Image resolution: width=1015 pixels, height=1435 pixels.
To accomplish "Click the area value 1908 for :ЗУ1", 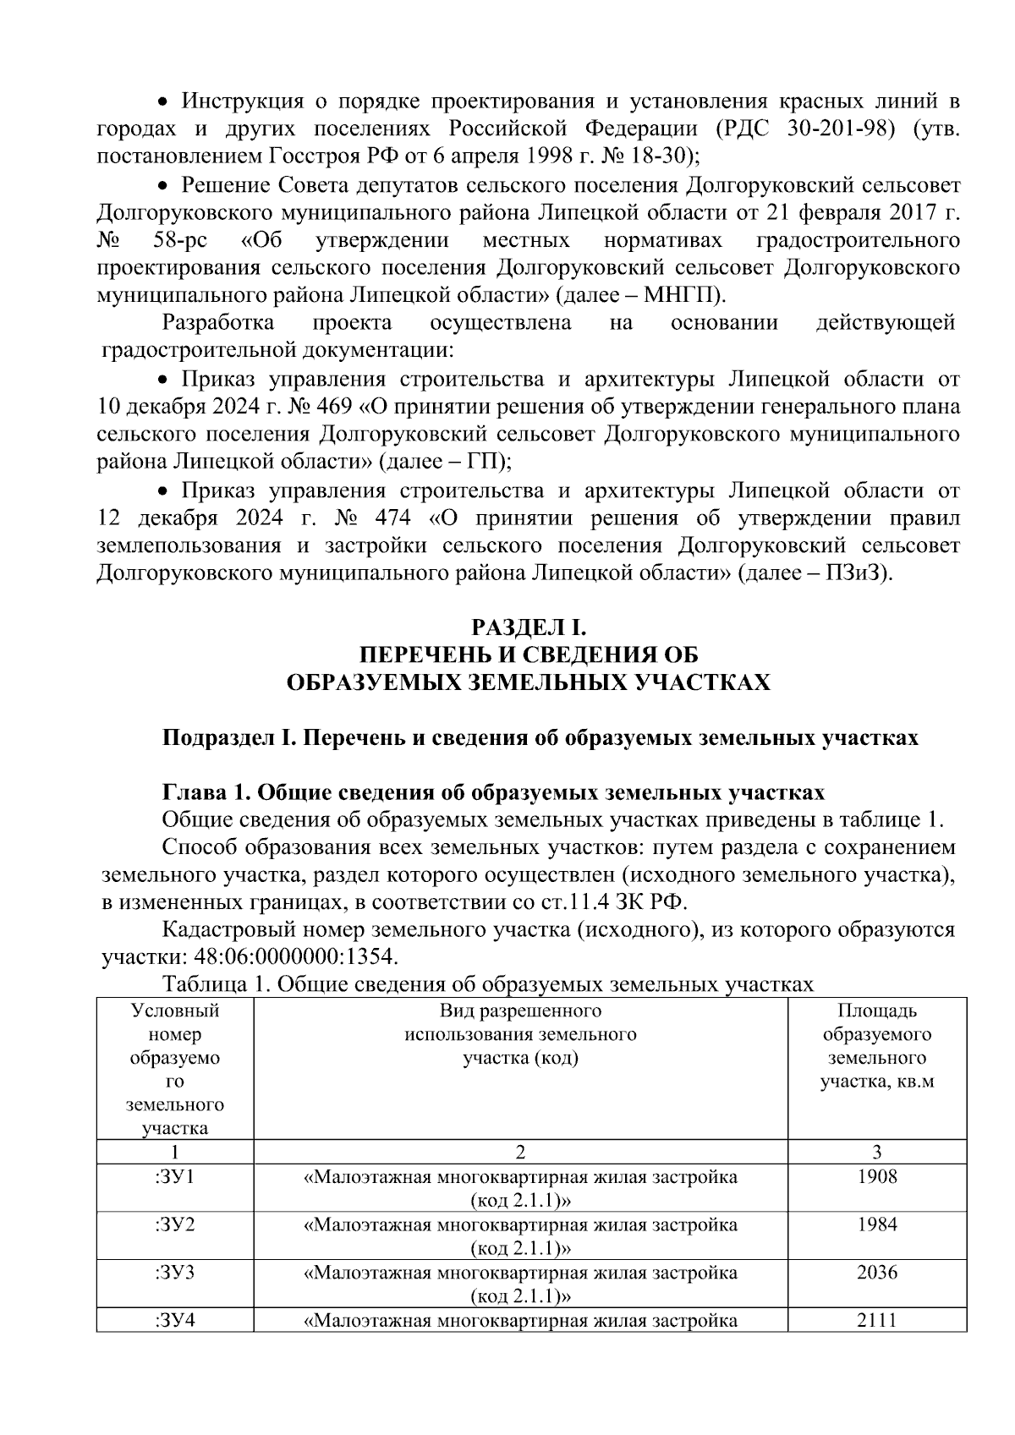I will tap(876, 1176).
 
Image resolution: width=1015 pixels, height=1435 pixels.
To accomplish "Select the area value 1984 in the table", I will tap(876, 1224).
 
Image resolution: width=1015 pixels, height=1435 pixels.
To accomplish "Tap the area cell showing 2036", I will tap(876, 1272).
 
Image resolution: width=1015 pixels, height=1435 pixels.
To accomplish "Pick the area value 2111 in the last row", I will tap(876, 1320).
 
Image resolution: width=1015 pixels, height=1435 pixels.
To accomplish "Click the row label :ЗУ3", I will tap(175, 1272).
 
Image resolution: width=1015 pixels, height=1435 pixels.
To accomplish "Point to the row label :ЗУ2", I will tap(175, 1224).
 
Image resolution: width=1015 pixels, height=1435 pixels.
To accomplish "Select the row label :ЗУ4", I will tap(175, 1320).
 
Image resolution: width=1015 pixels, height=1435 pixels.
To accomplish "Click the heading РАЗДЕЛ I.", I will tap(529, 627).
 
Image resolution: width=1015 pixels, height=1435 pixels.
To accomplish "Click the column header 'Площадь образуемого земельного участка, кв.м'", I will tap(876, 1046).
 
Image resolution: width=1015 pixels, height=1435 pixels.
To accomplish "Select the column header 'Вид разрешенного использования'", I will tap(520, 1034).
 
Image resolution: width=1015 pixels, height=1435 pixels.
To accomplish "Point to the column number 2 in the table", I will tap(520, 1152).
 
